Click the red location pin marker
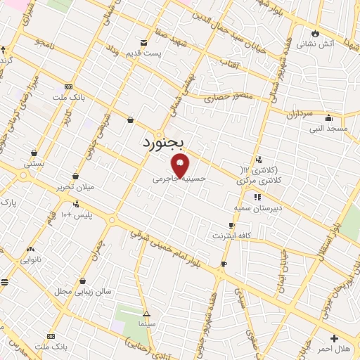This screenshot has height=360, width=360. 181,165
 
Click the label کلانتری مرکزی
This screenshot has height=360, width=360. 257,181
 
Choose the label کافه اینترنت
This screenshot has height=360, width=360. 235,236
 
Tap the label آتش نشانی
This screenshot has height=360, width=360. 315,44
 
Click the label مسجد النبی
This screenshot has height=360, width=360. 328,129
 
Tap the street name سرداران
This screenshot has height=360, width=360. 300,113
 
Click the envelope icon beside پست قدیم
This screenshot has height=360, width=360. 144,43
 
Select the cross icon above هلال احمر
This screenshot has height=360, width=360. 334,338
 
